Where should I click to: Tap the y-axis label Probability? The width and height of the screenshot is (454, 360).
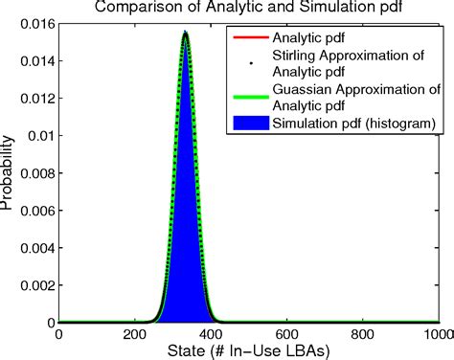[10, 172]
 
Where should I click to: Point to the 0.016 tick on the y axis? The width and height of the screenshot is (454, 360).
[36, 23]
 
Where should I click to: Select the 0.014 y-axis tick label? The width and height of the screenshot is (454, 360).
[36, 60]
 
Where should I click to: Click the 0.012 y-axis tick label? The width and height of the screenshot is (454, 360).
[36, 98]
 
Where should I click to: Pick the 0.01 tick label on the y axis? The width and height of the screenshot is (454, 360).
[40, 135]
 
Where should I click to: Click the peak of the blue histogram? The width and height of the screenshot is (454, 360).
[185, 34]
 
